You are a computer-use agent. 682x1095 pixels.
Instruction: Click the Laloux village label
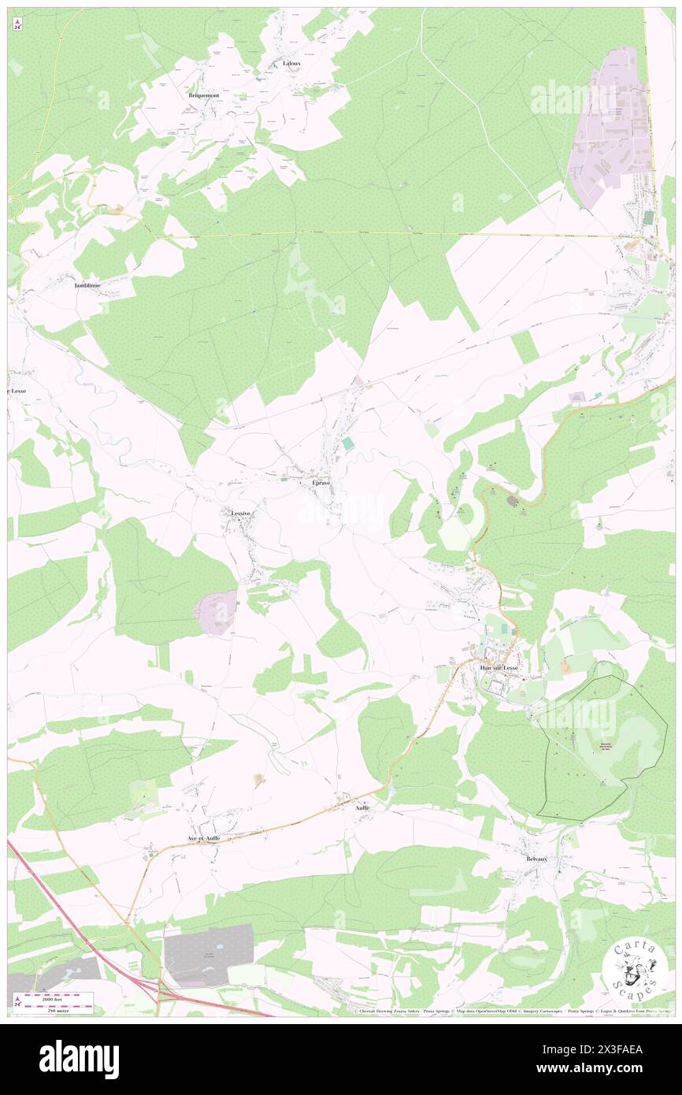[x=292, y=63]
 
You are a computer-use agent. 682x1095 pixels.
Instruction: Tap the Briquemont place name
[x=203, y=95]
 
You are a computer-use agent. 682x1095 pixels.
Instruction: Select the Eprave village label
[x=321, y=482]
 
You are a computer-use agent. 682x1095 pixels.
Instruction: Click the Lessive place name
[x=240, y=513]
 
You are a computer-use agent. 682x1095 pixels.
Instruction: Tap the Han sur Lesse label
[x=499, y=668]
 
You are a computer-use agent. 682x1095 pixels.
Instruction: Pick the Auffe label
[x=361, y=807]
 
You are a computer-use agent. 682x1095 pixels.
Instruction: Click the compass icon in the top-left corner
[x=17, y=24]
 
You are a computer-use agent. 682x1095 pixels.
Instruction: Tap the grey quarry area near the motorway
[x=209, y=955]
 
